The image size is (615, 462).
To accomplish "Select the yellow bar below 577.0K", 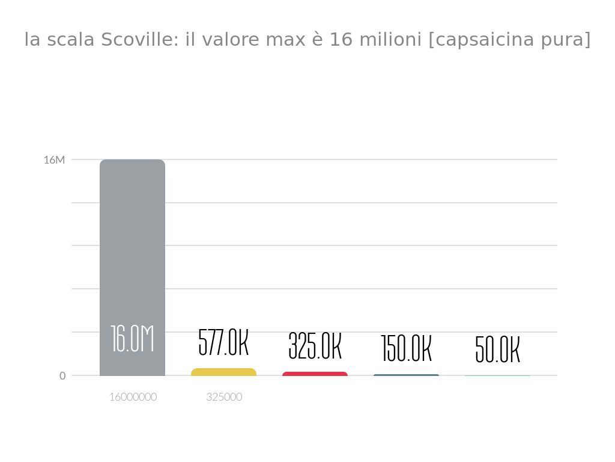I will [x=223, y=372].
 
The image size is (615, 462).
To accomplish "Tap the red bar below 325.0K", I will [x=315, y=374].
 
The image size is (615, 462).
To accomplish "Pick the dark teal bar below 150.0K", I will [x=406, y=375].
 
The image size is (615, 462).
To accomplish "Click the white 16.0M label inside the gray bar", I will [x=132, y=339].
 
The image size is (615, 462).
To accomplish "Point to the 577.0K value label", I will [x=223, y=343].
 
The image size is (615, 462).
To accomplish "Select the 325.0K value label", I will [x=315, y=346].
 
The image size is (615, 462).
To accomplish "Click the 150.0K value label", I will [x=406, y=349].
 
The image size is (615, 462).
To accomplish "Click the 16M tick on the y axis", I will [x=54, y=160].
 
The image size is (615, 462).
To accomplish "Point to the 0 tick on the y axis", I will [x=62, y=376].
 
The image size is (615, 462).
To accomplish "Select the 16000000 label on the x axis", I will [x=133, y=397].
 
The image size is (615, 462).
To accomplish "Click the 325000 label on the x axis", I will [x=224, y=397].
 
